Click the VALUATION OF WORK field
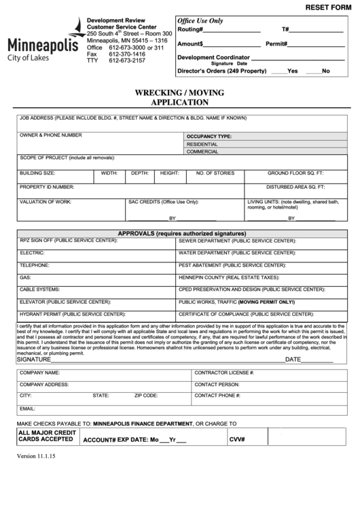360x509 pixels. [x=71, y=209]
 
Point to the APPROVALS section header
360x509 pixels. [x=181, y=233]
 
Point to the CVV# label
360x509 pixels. [x=236, y=439]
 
